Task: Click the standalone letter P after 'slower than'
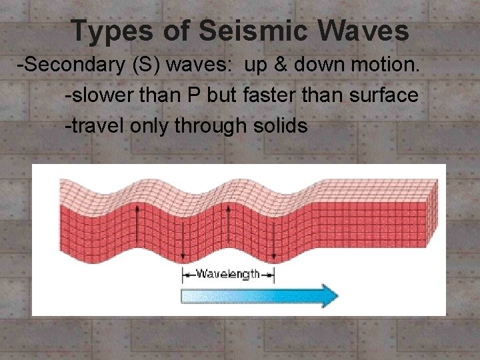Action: (193, 95)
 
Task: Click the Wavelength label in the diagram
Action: (228, 274)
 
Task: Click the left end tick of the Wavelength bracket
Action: (183, 274)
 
